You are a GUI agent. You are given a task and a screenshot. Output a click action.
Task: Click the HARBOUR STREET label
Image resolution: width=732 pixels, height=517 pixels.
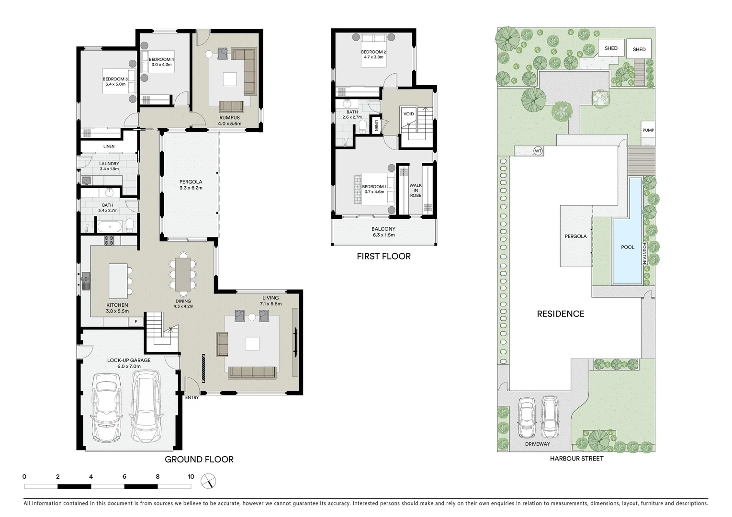point(576,459)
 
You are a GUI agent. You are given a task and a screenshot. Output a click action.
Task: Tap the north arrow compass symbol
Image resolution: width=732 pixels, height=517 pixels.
point(209,481)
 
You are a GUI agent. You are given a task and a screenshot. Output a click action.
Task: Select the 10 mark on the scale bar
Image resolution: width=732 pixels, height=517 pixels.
point(191,477)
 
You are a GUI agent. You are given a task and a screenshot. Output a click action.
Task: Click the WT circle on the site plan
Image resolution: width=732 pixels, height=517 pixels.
point(538,151)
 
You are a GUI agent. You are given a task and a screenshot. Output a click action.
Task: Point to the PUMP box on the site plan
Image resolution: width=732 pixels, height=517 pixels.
point(648,130)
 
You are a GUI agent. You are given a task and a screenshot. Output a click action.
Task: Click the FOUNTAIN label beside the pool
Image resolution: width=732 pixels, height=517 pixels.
point(644,253)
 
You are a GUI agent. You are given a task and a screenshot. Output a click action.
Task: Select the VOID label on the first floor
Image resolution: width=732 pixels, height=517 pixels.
point(408,114)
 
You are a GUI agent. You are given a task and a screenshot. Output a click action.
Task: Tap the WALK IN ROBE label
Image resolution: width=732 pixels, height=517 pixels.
point(416,191)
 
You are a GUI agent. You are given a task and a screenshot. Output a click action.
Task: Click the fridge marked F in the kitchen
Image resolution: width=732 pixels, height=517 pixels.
point(136,322)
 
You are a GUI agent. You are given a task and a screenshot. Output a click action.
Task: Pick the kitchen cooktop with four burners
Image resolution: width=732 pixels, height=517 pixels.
point(109,240)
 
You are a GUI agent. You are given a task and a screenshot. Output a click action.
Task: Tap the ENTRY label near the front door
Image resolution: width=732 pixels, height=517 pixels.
point(192,397)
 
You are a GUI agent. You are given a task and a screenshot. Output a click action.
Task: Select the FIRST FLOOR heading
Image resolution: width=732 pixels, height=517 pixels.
point(383,257)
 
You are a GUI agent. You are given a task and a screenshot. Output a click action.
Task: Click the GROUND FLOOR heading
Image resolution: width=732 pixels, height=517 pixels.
point(199,460)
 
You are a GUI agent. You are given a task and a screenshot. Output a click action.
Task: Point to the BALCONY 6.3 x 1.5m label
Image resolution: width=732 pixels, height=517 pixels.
point(383,232)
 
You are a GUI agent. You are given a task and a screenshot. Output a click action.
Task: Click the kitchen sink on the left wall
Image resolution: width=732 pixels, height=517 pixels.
point(86,281)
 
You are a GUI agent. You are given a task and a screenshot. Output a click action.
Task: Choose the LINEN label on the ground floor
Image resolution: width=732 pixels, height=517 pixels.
point(109,146)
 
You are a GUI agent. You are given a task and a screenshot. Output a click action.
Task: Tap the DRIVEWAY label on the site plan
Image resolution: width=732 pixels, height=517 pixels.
point(537,444)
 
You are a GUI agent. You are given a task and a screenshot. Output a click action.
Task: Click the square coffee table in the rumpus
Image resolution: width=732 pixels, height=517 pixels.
point(229,79)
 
